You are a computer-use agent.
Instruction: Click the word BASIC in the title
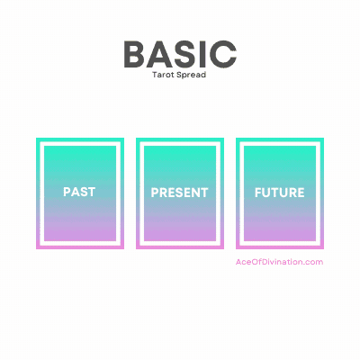pyautogui.click(x=180, y=53)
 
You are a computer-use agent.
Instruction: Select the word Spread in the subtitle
pyautogui.click(x=192, y=75)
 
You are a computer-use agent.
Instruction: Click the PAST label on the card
pyautogui.click(x=80, y=193)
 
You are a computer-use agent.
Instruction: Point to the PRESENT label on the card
pyautogui.click(x=180, y=193)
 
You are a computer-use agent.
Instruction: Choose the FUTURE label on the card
pyautogui.click(x=280, y=193)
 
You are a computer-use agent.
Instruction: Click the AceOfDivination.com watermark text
pyautogui.click(x=279, y=262)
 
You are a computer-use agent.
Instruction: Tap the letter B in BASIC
pyautogui.click(x=134, y=53)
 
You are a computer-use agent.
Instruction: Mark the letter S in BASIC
pyautogui.click(x=184, y=53)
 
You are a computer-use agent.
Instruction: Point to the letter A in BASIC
pyautogui.click(x=159, y=53)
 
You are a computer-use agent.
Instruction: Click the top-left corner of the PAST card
pyautogui.click(x=37, y=139)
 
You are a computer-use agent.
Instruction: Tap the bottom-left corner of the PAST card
pyautogui.click(x=37, y=247)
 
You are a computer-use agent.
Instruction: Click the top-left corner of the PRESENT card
pyautogui.click(x=137, y=139)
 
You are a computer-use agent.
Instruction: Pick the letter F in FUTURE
pyautogui.click(x=258, y=193)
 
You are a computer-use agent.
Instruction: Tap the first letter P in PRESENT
pyautogui.click(x=155, y=193)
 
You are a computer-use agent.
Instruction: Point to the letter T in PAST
pyautogui.click(x=93, y=193)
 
